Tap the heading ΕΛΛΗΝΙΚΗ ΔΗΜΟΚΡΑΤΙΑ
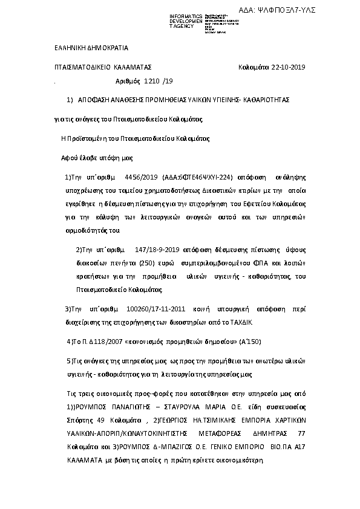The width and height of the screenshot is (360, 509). [x=88, y=48]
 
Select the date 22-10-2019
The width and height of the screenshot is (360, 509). [x=290, y=67]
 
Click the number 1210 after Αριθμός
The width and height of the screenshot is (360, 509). [x=152, y=80]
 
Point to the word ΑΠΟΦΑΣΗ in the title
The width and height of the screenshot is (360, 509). [x=96, y=99]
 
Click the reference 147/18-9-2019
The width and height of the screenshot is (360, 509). [x=157, y=248]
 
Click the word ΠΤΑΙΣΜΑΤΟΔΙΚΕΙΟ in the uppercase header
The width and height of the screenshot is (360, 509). [x=77, y=67]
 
